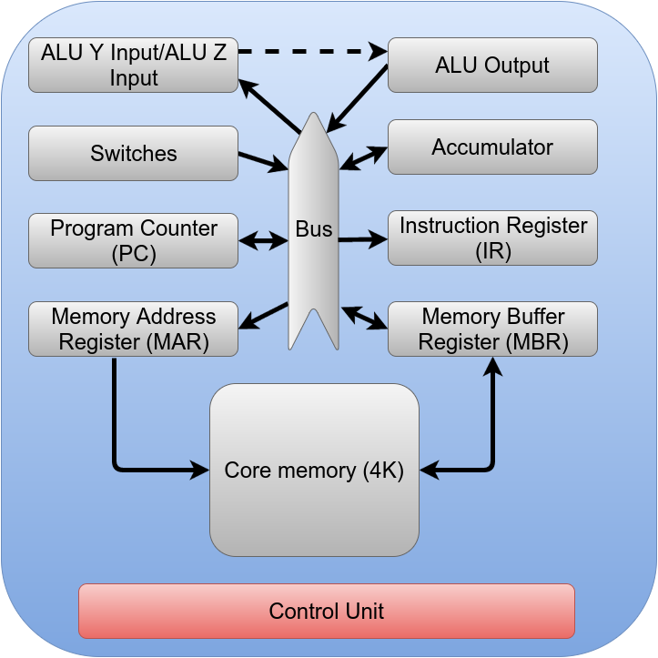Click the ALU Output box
click(492, 66)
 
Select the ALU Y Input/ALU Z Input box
click(133, 66)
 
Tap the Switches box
click(133, 153)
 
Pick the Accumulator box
click(492, 147)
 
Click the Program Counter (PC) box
click(133, 240)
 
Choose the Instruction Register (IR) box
click(492, 238)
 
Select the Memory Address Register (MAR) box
click(133, 329)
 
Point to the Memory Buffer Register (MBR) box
click(492, 329)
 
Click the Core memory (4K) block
click(314, 470)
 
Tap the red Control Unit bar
click(327, 611)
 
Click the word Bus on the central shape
click(314, 230)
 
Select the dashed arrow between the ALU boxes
click(309, 51)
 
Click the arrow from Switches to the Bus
click(262, 161)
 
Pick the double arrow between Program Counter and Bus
click(263, 241)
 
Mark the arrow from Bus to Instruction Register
click(362, 240)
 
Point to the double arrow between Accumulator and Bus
click(363, 157)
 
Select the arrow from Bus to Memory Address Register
click(263, 316)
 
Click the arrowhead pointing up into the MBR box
click(493, 366)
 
